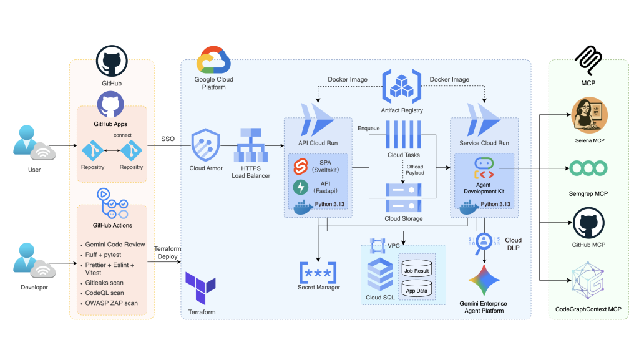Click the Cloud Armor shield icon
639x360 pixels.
pyautogui.click(x=206, y=145)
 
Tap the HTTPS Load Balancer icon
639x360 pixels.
pyautogui.click(x=251, y=145)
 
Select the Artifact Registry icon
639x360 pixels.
pyautogui.click(x=401, y=86)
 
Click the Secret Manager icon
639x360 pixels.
pyautogui.click(x=318, y=273)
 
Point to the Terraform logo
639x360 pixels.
pyautogui.click(x=200, y=288)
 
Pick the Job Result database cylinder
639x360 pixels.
pyautogui.click(x=416, y=268)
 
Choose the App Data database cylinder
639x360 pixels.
pyautogui.click(x=416, y=288)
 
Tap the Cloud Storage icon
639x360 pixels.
pyautogui.click(x=404, y=198)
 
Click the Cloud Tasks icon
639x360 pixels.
pyautogui.click(x=404, y=134)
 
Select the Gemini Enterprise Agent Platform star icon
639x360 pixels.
pyautogui.click(x=484, y=280)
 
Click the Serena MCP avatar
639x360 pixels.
pyautogui.click(x=589, y=115)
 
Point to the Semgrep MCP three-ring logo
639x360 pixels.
pyautogui.click(x=588, y=168)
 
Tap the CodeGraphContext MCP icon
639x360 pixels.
pyautogui.click(x=588, y=281)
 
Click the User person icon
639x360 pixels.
pyautogui.click(x=26, y=140)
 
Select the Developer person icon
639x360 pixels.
pyautogui.click(x=26, y=258)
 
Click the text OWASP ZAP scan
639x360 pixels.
pyautogui.click(x=111, y=303)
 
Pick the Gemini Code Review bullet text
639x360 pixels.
pyautogui.click(x=115, y=245)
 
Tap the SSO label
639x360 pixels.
pyautogui.click(x=168, y=139)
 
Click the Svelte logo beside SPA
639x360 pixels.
pyautogui.click(x=301, y=167)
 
